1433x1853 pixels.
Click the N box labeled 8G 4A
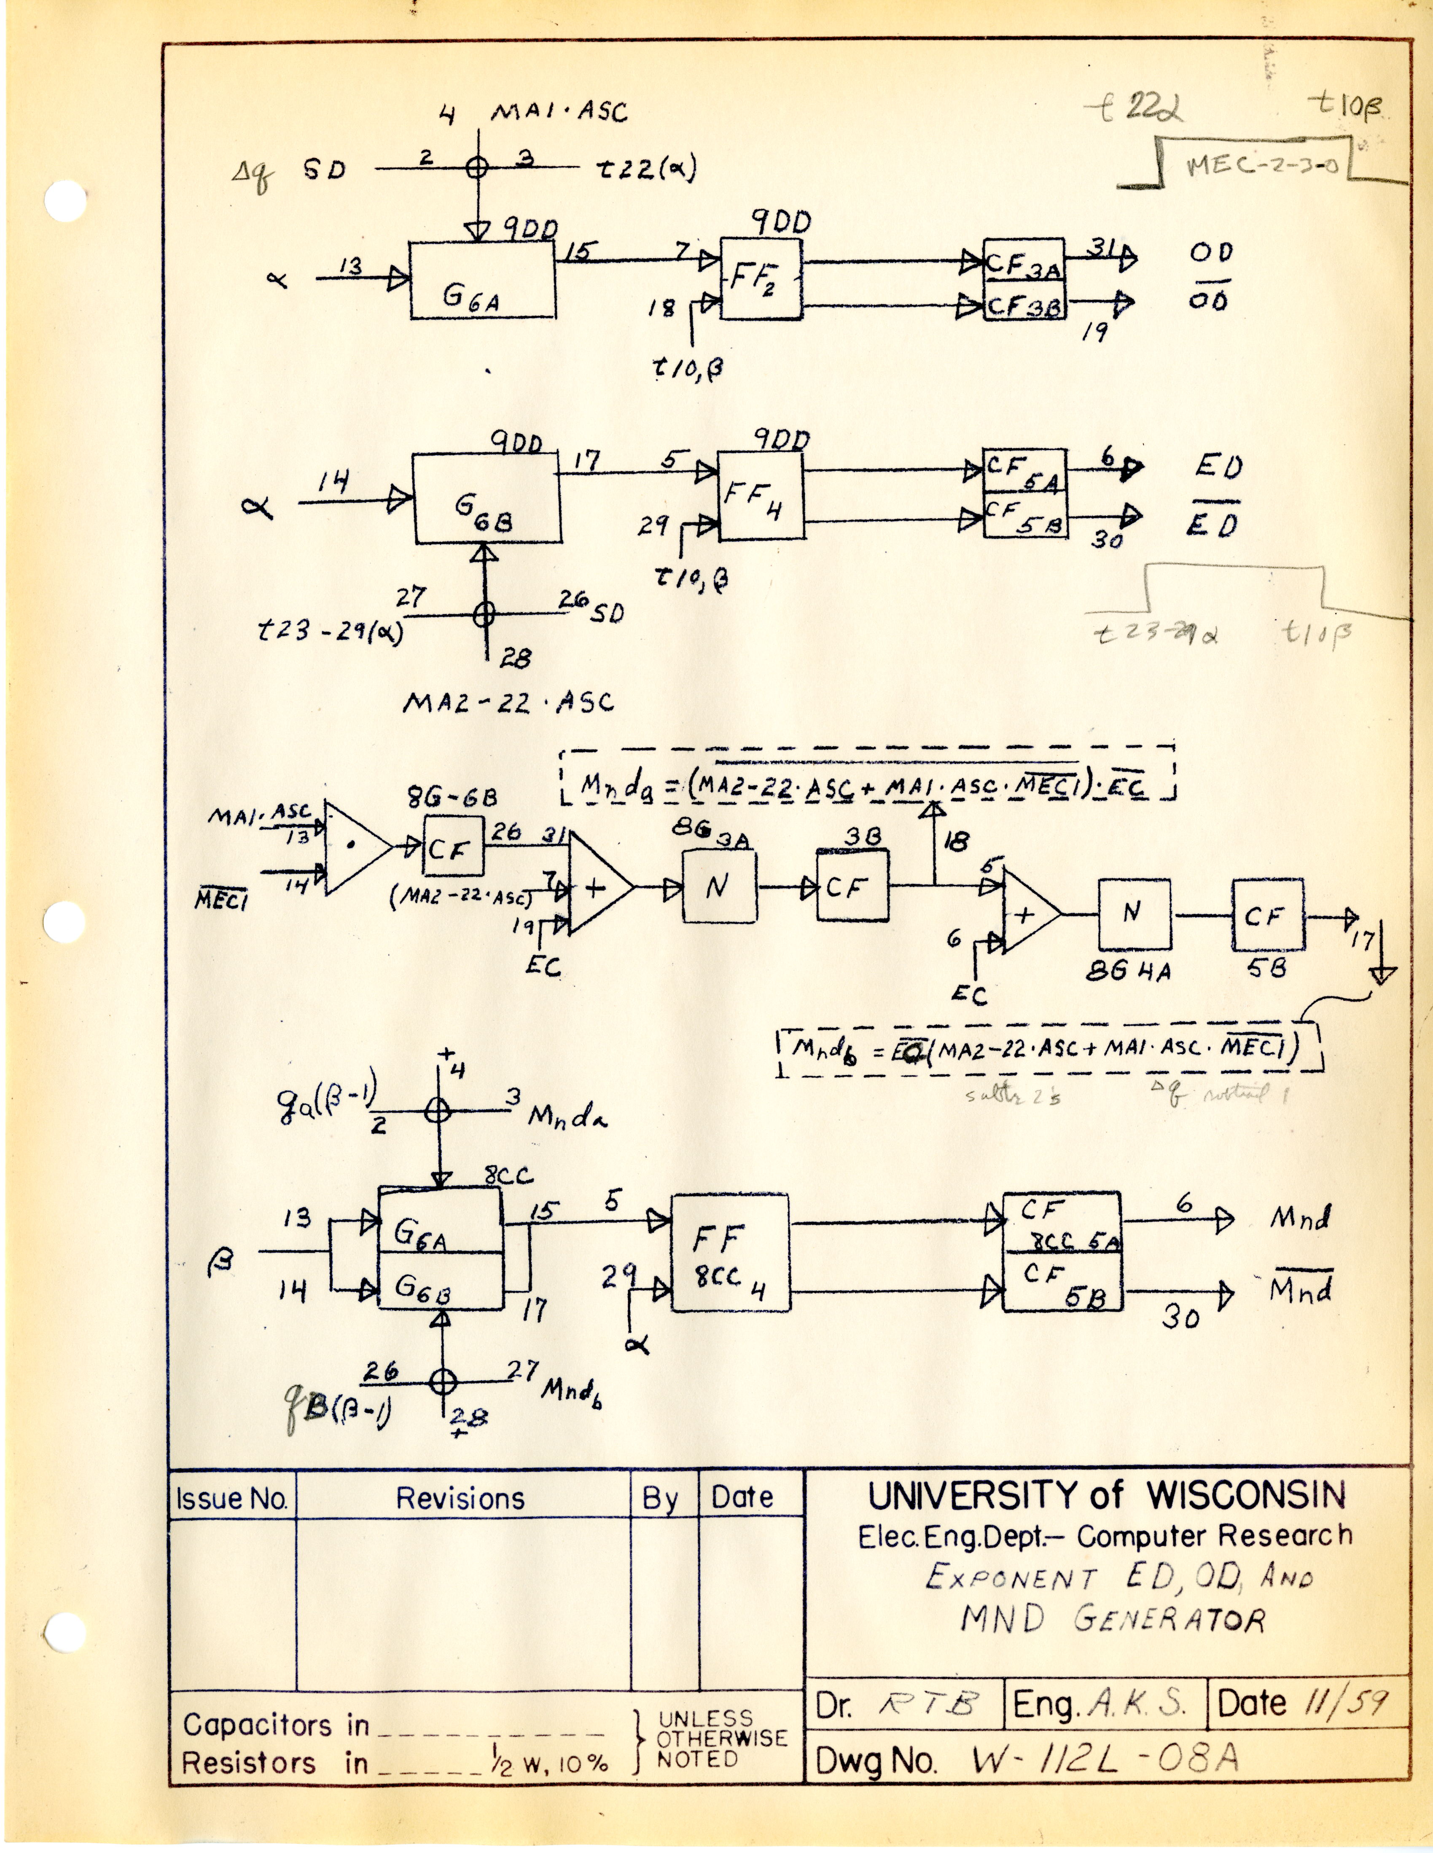tap(1133, 914)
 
